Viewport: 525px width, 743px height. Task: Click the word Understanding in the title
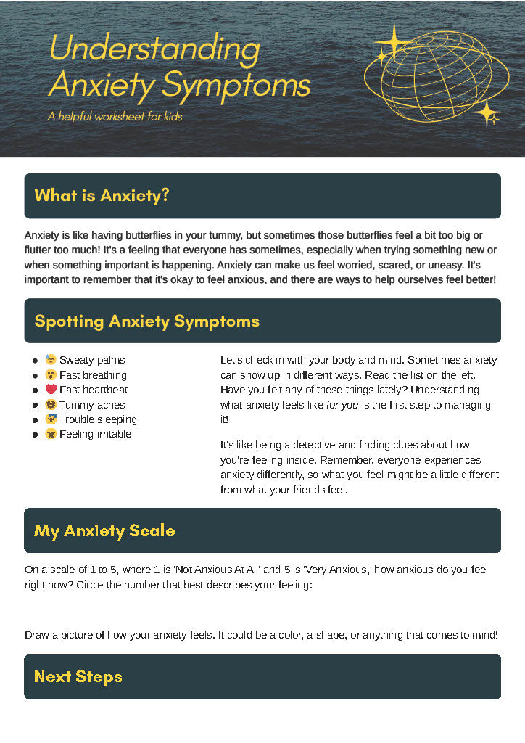[154, 49]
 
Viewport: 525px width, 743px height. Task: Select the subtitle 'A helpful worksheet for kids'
[115, 116]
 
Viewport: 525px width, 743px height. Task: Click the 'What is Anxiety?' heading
[102, 196]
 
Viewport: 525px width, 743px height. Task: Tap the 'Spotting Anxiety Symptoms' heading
[146, 321]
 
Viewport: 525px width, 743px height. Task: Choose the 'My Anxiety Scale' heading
[104, 530]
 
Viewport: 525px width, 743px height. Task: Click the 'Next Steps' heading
[78, 676]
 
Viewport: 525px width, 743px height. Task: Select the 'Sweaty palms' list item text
[92, 360]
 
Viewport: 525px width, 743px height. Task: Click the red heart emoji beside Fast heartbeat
[51, 390]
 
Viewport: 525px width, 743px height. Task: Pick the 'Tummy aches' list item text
[92, 405]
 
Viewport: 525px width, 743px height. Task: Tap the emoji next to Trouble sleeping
[51, 419]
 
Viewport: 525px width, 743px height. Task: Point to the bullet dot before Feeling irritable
[35, 435]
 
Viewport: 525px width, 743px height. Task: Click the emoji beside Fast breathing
[51, 375]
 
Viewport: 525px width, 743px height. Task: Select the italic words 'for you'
[342, 405]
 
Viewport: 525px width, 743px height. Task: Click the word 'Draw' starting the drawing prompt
[36, 635]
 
